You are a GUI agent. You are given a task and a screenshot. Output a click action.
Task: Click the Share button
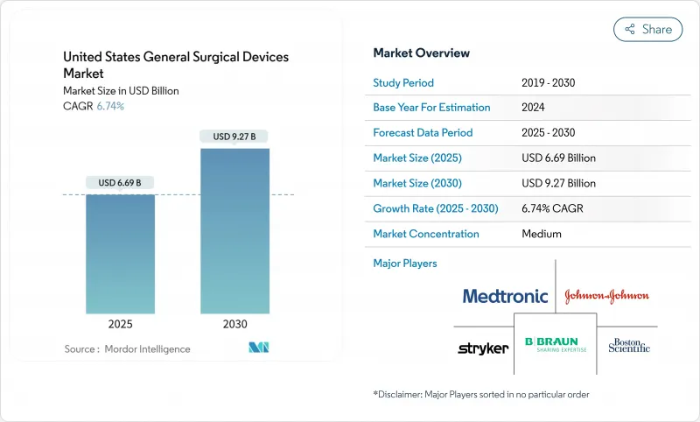coord(648,29)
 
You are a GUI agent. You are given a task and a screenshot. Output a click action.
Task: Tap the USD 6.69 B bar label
coord(121,183)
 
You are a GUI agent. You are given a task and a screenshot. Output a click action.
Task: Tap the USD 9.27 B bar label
coord(234,137)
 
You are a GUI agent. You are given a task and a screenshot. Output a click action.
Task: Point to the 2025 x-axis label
coord(121,323)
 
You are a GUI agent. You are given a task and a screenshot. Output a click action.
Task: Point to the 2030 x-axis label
coord(234,323)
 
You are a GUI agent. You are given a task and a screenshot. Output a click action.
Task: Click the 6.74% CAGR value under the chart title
coord(109,106)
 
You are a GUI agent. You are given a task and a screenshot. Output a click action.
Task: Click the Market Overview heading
coord(422,53)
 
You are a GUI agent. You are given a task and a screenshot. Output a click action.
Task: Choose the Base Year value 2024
coord(535,108)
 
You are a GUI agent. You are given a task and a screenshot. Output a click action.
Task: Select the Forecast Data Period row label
coord(423,133)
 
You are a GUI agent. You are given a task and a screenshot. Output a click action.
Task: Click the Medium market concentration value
coord(542,234)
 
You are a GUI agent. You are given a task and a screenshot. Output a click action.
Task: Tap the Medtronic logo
coord(505,296)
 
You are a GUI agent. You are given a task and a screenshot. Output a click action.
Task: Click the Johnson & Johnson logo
coord(606,296)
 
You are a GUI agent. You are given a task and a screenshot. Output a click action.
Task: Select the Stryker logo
coord(483,348)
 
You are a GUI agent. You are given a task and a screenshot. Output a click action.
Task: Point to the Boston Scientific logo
coord(629,345)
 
